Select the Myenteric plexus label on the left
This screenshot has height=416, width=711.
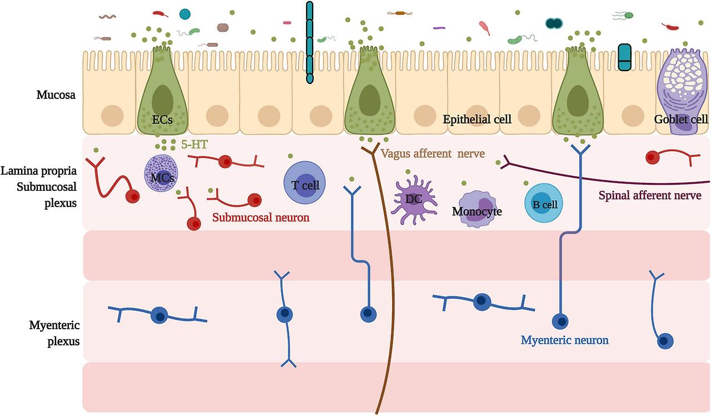(x=54, y=333)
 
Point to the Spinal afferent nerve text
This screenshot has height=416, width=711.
(x=650, y=195)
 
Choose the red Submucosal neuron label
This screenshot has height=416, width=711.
(x=261, y=217)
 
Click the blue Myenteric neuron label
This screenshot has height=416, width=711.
(x=564, y=340)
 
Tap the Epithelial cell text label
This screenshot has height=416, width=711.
(x=477, y=119)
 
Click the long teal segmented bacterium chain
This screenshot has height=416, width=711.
(x=309, y=42)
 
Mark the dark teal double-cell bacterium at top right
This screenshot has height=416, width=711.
(x=553, y=23)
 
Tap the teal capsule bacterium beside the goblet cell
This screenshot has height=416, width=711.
(x=625, y=57)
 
